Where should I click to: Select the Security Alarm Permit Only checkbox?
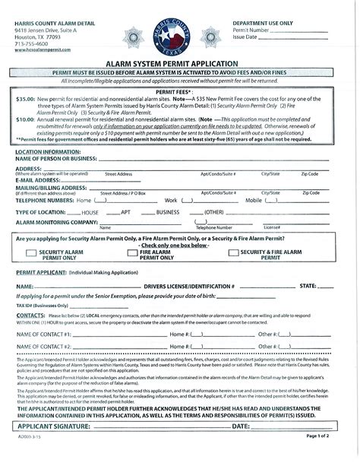pos(31,253)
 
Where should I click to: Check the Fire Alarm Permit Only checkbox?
pos(133,253)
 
